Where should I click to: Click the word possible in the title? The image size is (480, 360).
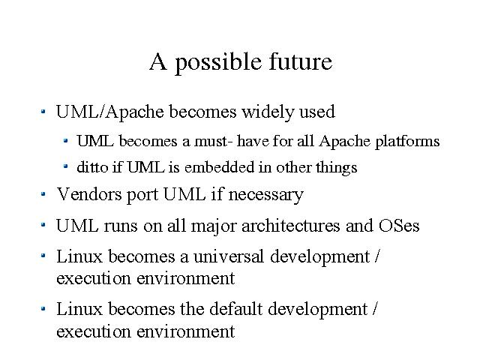click(x=218, y=64)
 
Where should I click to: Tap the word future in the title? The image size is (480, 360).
click(x=301, y=61)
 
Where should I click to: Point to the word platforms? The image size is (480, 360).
click(x=407, y=142)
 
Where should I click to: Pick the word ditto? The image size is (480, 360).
click(x=92, y=167)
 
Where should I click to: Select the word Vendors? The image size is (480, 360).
click(x=89, y=194)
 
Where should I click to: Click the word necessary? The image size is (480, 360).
click(x=266, y=196)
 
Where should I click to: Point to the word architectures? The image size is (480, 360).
click(x=290, y=226)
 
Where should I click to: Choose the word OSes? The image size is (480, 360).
click(x=399, y=226)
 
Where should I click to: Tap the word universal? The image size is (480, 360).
click(x=228, y=256)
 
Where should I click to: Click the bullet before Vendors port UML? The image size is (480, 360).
click(x=43, y=193)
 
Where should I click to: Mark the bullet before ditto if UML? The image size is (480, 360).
click(x=65, y=166)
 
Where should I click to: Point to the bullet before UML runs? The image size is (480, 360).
click(x=43, y=225)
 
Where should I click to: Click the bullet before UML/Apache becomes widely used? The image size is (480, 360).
click(x=43, y=112)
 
